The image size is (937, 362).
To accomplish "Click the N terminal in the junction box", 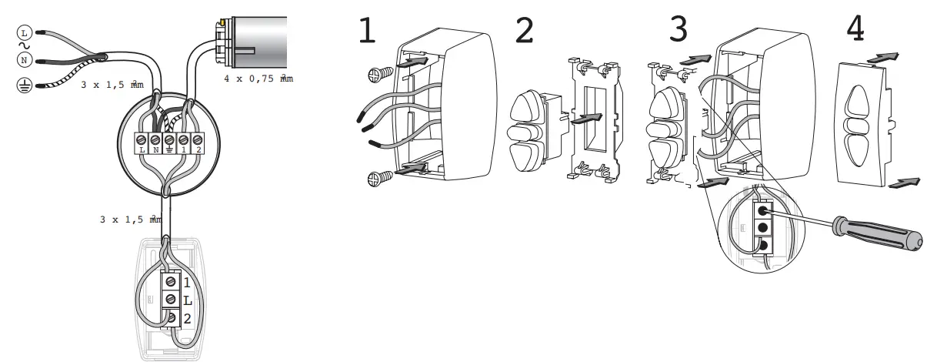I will [x=155, y=140].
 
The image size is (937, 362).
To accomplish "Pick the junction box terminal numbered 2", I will [x=198, y=140].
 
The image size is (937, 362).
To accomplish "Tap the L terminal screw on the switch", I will [x=172, y=298].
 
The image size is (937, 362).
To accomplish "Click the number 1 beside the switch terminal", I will [x=187, y=283].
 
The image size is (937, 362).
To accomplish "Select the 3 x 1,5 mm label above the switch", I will [x=131, y=220].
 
